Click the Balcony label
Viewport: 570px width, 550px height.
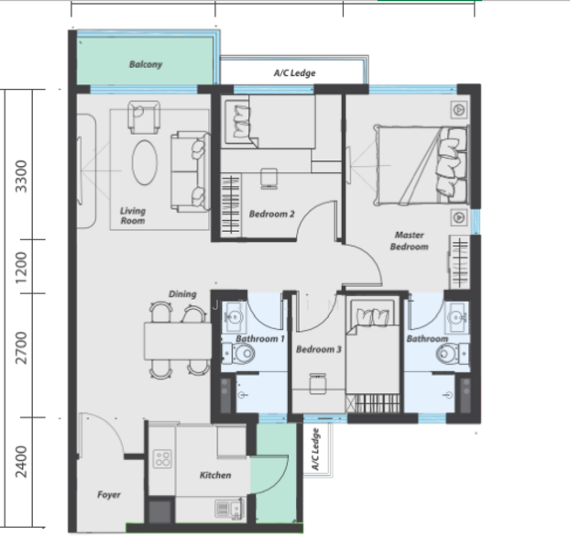click(x=146, y=64)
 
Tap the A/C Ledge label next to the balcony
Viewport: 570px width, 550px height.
click(x=294, y=73)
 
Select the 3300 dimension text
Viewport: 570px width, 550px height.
click(x=21, y=176)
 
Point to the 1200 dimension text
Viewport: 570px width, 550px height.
click(x=21, y=268)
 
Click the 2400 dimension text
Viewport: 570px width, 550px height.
click(x=21, y=462)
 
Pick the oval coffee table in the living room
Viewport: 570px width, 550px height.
click(x=145, y=162)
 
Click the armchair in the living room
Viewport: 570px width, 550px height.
click(x=144, y=117)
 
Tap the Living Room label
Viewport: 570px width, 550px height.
click(x=133, y=216)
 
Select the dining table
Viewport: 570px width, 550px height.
click(x=178, y=341)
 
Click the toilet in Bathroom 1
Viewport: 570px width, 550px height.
click(x=239, y=353)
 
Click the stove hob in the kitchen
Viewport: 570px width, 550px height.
click(x=162, y=458)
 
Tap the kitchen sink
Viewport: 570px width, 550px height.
click(x=229, y=509)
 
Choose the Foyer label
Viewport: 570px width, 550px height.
click(x=109, y=495)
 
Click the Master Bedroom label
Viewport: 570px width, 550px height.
click(x=410, y=241)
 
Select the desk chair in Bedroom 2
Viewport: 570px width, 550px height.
click(x=269, y=179)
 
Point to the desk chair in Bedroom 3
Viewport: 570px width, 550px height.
click(x=318, y=384)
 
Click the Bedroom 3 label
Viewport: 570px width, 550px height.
click(x=318, y=349)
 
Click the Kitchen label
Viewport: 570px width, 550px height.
click(x=215, y=475)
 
